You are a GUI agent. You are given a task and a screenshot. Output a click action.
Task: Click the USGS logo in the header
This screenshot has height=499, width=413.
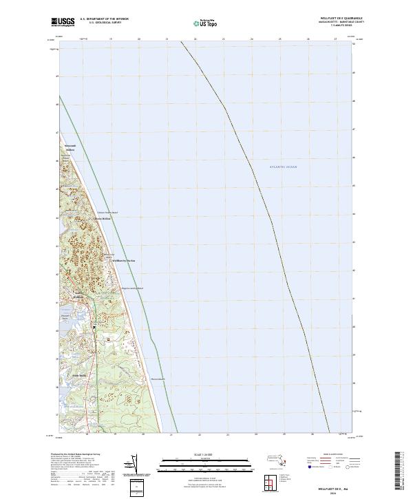tap(63, 23)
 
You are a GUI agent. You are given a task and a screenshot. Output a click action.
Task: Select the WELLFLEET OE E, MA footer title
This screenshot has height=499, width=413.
tap(330, 486)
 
